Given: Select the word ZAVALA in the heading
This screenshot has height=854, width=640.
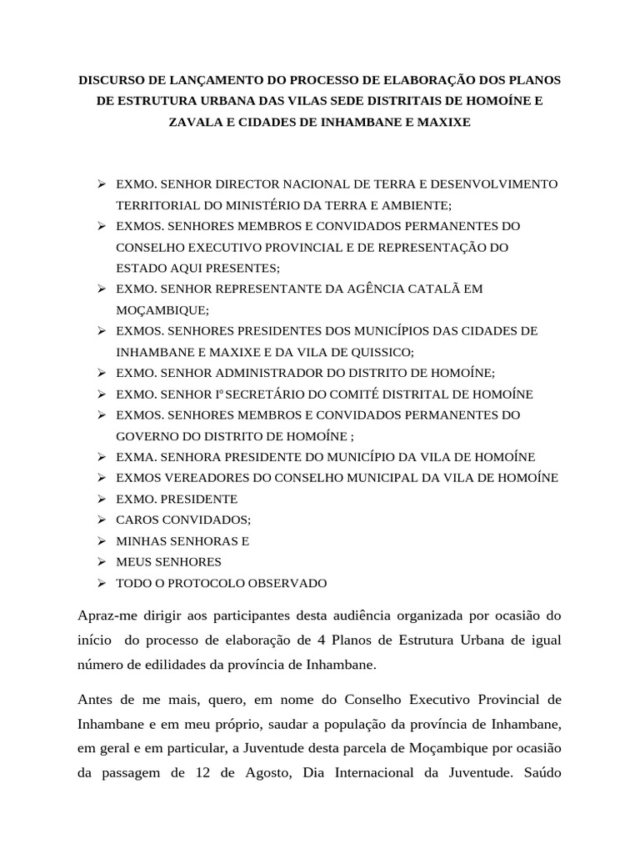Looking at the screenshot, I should pos(195,122).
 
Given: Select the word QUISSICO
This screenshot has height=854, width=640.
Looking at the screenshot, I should pos(375,352).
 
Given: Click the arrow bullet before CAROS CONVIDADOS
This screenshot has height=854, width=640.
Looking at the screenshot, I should pos(100,520).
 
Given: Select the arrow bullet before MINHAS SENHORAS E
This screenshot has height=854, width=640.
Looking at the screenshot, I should pos(100,540).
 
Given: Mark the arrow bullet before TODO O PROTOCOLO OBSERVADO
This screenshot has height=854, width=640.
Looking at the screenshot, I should pos(100,583).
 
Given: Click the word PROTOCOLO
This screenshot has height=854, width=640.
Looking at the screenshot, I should pos(205,583).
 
